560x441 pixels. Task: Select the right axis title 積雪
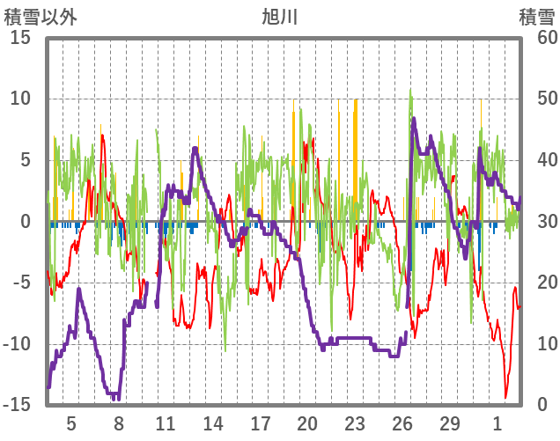click(536, 16)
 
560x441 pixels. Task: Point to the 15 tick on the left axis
click(21, 38)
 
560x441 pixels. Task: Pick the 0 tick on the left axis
click(26, 221)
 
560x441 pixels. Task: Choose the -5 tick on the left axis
click(23, 283)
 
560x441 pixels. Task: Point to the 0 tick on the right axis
click(543, 405)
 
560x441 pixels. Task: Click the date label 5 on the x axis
click(71, 423)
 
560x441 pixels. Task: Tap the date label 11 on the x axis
click(166, 423)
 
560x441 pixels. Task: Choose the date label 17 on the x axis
click(260, 423)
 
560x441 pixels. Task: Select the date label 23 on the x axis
click(355, 423)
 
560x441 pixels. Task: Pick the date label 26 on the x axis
click(402, 423)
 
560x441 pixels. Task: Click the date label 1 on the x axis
click(497, 423)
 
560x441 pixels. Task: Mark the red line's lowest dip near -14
click(506, 397)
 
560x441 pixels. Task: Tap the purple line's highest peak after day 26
click(414, 119)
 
